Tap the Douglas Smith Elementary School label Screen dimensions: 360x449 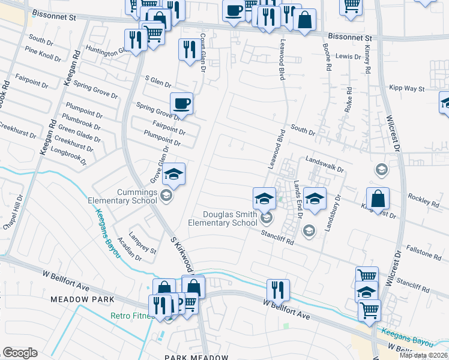point(222,218)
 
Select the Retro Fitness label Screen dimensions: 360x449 point(131,316)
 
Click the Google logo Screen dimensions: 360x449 point(20,353)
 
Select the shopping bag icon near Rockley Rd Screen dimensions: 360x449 point(378,198)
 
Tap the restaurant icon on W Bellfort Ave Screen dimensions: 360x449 point(277,290)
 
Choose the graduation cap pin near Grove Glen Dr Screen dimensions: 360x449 point(174,174)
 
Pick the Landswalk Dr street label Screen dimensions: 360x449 point(324,163)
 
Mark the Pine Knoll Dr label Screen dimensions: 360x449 point(40,58)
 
